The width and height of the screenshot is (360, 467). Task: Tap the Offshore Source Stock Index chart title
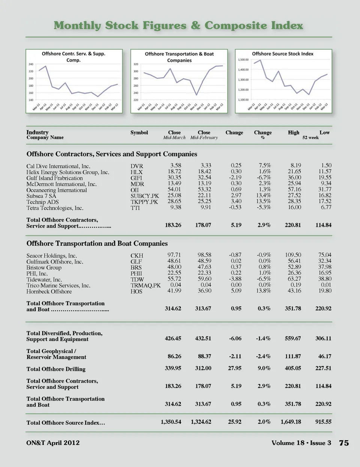[x=282, y=54]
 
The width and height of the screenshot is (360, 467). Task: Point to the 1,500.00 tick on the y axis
[x=243, y=60]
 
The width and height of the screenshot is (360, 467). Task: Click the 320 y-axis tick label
[x=136, y=64]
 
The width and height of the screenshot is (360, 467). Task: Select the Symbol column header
[x=139, y=132]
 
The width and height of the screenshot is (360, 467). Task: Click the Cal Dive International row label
[x=58, y=166]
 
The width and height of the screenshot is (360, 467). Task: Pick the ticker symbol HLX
[x=136, y=172]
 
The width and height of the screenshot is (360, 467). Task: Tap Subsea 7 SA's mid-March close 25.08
[x=174, y=195]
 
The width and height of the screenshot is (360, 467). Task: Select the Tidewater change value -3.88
[x=235, y=279]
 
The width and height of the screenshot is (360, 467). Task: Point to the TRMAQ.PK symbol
[x=145, y=285]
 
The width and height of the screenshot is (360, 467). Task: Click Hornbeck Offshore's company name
[x=49, y=291]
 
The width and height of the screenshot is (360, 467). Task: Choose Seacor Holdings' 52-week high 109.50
[x=293, y=255]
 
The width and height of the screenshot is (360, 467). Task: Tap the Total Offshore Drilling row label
[x=56, y=369]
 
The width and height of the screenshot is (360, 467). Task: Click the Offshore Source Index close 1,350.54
[x=171, y=422]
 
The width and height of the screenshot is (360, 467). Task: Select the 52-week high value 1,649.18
[x=291, y=422]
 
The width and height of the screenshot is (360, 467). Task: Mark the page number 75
[x=344, y=443]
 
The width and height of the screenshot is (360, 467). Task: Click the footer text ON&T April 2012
[x=53, y=443]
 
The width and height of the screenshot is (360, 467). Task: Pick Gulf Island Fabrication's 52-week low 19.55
[x=325, y=177]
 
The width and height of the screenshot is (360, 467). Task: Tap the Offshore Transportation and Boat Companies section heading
[x=97, y=243]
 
